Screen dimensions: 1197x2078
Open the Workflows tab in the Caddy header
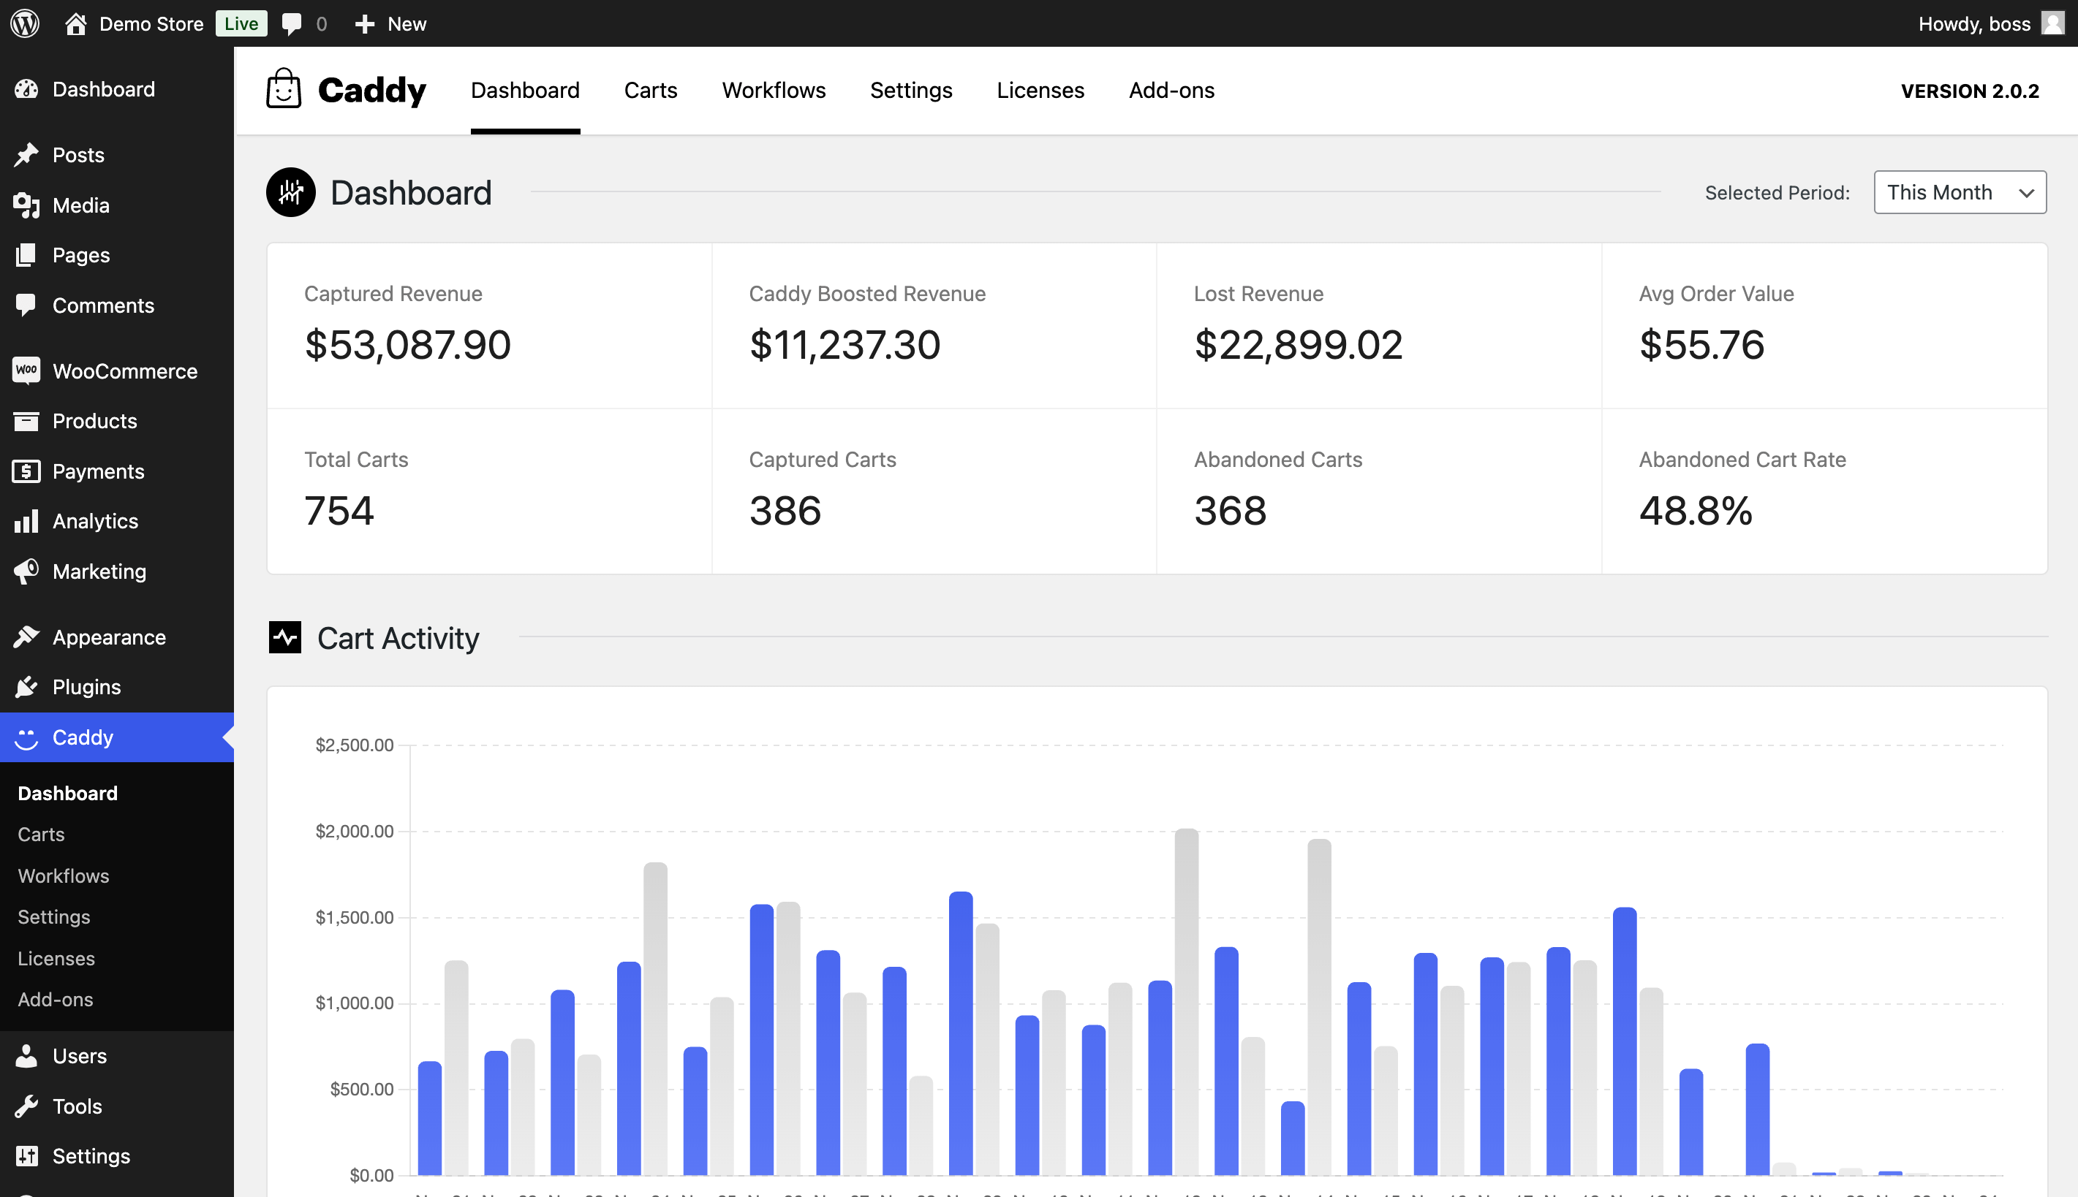click(773, 91)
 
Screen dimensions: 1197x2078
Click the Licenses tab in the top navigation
click(1040, 91)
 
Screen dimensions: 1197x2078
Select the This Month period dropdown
click(1959, 192)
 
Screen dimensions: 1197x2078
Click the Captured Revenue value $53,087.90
click(407, 344)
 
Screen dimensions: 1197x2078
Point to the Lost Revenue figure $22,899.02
click(1298, 344)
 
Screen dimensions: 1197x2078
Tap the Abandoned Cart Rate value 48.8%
click(1695, 511)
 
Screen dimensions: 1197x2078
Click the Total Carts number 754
click(339, 511)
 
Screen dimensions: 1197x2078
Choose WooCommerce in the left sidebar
click(124, 371)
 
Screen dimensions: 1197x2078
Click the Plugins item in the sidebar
click(86, 687)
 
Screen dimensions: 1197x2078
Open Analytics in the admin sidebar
click(94, 521)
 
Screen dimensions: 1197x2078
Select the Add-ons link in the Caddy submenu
click(55, 1000)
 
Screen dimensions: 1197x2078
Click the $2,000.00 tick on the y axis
click(355, 831)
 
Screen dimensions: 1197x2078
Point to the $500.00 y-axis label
click(361, 1090)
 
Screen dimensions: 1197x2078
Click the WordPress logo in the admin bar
click(25, 23)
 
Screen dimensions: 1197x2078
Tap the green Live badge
click(241, 23)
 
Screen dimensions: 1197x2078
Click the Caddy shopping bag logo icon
click(284, 89)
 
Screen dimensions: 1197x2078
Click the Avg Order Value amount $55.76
click(1701, 344)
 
